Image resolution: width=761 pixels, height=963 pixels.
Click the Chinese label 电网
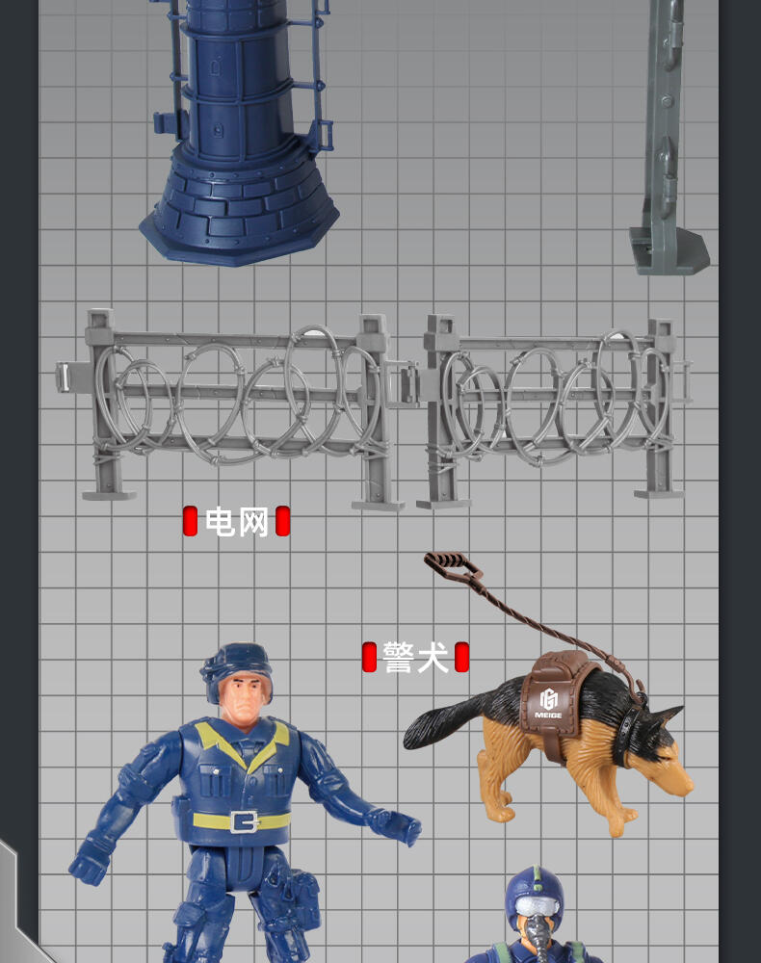pyautogui.click(x=236, y=521)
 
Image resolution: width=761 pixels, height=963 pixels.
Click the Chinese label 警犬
pyautogui.click(x=415, y=657)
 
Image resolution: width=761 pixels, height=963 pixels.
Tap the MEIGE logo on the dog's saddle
pyautogui.click(x=548, y=704)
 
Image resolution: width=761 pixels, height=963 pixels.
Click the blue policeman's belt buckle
pyautogui.click(x=245, y=820)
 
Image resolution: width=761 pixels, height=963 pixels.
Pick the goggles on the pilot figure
pyautogui.click(x=538, y=905)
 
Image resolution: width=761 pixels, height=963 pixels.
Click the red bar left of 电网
pyautogui.click(x=190, y=521)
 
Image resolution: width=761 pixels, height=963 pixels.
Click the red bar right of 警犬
pyautogui.click(x=461, y=657)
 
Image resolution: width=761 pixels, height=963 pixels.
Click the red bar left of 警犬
pyautogui.click(x=369, y=657)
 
